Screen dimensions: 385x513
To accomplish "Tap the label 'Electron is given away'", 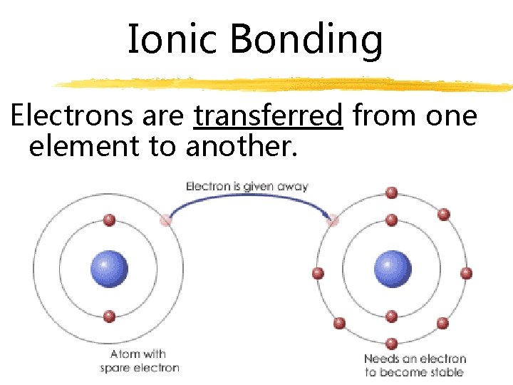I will [x=247, y=186].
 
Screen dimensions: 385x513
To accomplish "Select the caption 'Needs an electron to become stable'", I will [x=414, y=365].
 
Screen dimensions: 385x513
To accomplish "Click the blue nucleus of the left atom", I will [x=109, y=269].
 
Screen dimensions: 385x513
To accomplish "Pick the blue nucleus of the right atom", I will [x=393, y=269].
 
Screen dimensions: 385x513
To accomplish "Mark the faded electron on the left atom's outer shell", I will [x=166, y=220].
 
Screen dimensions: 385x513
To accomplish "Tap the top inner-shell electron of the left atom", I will [x=109, y=220].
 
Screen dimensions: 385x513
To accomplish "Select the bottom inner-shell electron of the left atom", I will [x=109, y=316].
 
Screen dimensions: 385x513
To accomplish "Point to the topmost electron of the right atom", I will [x=391, y=192].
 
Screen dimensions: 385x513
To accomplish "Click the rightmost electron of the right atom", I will [x=467, y=272].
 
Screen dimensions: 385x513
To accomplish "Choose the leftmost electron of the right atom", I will [x=318, y=272].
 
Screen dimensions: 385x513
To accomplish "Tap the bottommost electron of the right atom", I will [x=391, y=343].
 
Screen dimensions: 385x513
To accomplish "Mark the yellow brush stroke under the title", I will [x=285, y=84].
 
